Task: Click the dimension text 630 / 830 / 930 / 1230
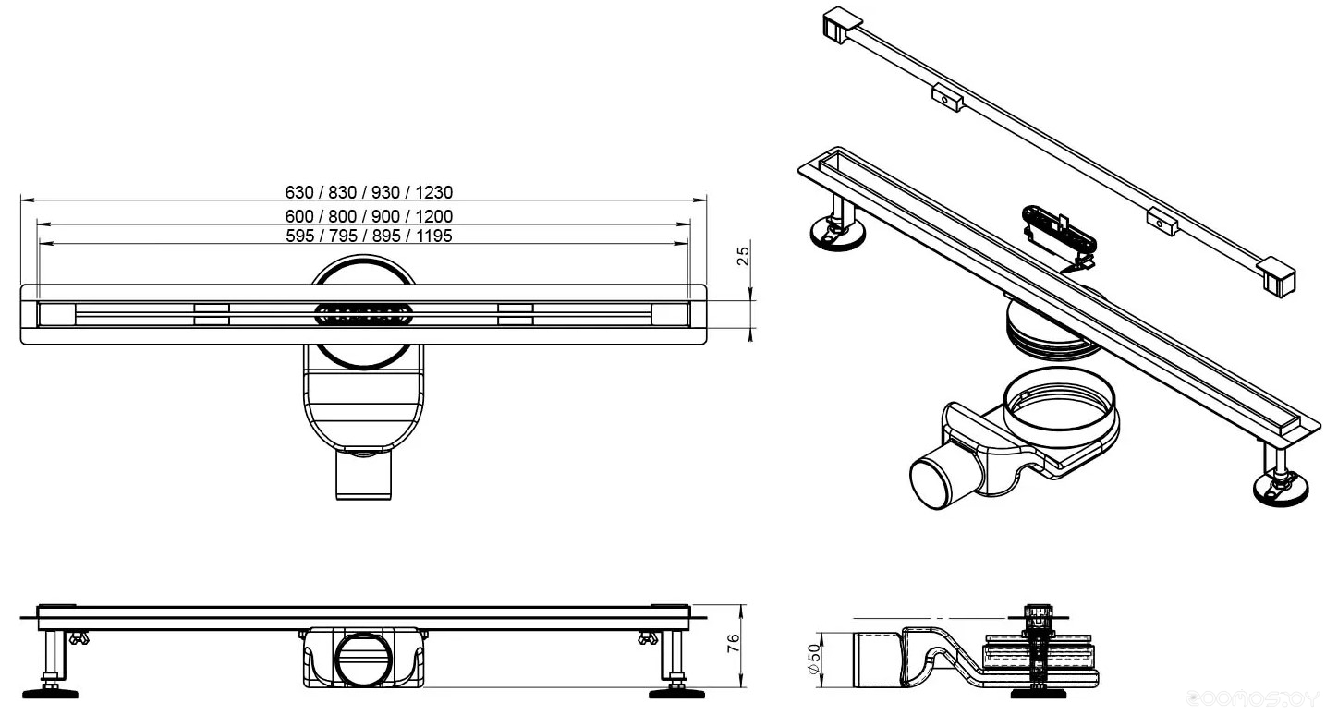click(x=369, y=192)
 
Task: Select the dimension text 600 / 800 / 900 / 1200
click(x=369, y=216)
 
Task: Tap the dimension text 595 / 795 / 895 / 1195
click(x=369, y=236)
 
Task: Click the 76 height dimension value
click(x=734, y=644)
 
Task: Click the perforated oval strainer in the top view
click(x=363, y=313)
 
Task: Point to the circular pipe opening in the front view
click(x=363, y=660)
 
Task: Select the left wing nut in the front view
click(x=78, y=637)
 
